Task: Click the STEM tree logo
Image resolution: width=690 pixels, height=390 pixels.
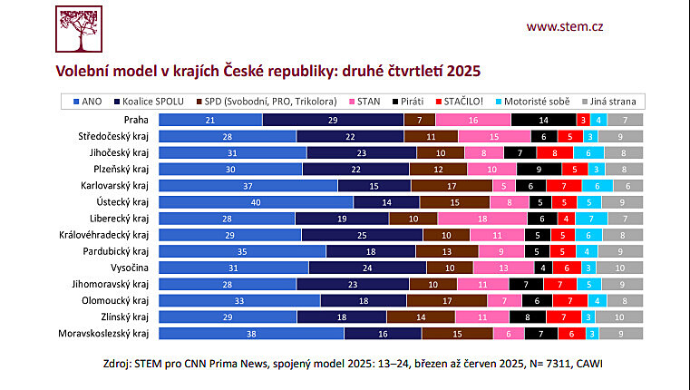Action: point(79,31)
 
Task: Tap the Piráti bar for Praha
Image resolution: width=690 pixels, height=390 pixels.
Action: point(543,120)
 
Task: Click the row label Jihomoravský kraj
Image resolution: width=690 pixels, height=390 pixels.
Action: point(116,283)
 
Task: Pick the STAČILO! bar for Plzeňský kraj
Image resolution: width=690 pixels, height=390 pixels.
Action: point(575,169)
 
